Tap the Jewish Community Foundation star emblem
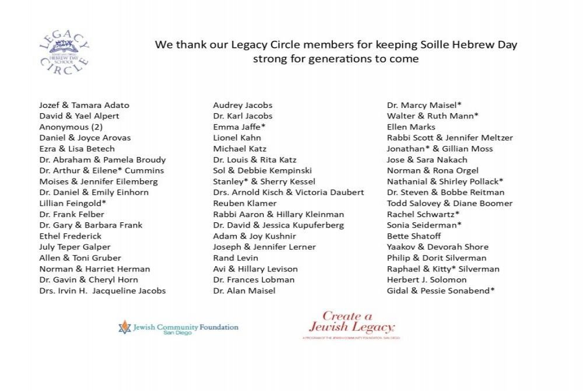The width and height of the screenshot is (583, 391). pos(124,327)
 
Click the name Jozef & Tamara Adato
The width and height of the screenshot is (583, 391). pos(84,105)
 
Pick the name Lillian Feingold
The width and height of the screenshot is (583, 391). pos(72,203)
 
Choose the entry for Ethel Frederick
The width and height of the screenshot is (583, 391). pos(70,236)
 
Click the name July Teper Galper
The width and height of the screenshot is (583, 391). pos(75,247)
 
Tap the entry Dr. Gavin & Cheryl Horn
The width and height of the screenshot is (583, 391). pos(89,280)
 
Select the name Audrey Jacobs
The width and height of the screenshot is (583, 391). pos(243,105)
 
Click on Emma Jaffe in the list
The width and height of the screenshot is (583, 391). pos(239,127)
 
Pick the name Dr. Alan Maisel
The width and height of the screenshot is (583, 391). pos(244,291)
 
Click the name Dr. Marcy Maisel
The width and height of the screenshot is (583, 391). pos(424,105)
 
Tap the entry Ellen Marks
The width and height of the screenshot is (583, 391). pos(411,127)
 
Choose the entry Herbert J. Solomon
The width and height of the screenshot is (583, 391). pos(427,280)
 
